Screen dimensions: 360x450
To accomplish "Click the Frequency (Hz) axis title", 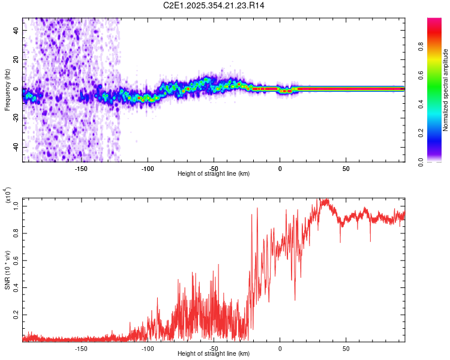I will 7,89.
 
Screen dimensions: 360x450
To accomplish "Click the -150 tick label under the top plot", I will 82,169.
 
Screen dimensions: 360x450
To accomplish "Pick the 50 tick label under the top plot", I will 346,169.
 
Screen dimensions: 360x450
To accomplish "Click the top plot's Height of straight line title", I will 214,174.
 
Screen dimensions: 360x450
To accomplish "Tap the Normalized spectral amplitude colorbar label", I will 446,89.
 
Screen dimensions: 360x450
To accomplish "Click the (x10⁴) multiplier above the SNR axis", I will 7,196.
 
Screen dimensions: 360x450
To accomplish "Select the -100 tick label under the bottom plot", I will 148,348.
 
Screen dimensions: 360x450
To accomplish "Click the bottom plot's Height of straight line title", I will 214,354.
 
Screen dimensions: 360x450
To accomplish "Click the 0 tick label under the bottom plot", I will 280,348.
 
